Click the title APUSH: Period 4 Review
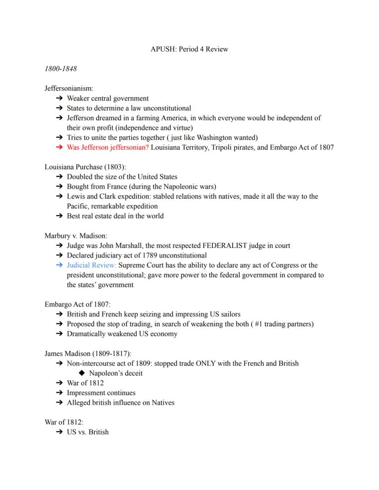[x=189, y=49]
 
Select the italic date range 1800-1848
[x=60, y=69]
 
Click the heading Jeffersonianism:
[x=69, y=88]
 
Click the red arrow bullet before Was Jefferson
[x=59, y=147]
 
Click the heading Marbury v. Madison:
[x=76, y=236]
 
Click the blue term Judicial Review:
[x=92, y=265]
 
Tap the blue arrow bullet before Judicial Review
[x=59, y=265]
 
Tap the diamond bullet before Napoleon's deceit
[x=82, y=373]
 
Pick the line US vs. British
[x=87, y=432]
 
